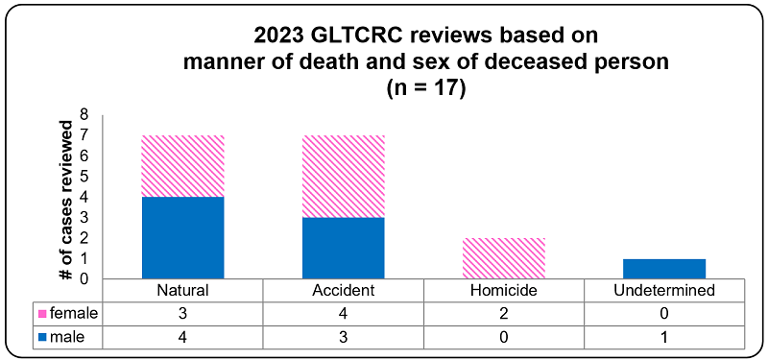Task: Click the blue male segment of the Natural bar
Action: click(x=182, y=237)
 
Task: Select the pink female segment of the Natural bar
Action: click(x=182, y=166)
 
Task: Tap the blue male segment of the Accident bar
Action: click(x=344, y=248)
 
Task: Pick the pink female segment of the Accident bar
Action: click(x=344, y=177)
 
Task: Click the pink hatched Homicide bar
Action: click(x=504, y=258)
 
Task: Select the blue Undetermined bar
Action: click(x=664, y=269)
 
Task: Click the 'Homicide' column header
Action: click(x=504, y=290)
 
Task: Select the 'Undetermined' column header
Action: click(x=664, y=290)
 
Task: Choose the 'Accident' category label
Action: click(x=344, y=290)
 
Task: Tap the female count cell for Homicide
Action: click(x=504, y=312)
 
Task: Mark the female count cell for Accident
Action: click(x=344, y=312)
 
